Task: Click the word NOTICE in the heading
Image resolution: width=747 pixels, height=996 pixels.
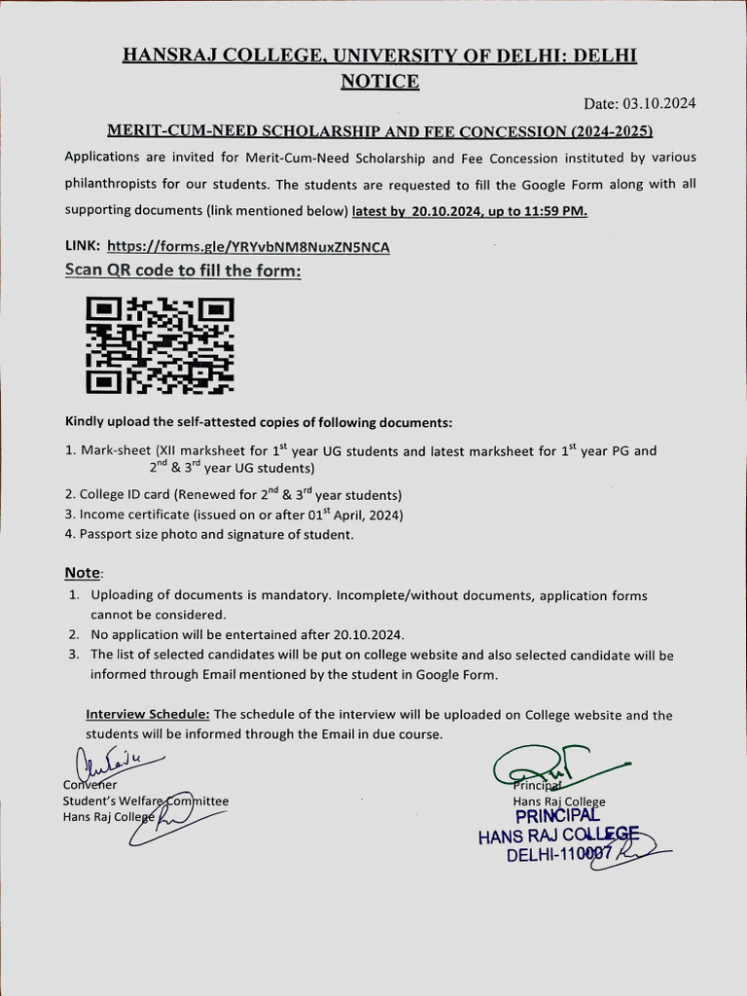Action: pos(379,82)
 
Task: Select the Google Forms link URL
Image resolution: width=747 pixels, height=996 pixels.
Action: pos(248,247)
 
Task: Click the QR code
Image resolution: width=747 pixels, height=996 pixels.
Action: pos(160,345)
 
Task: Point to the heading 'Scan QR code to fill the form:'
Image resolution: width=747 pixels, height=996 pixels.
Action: pos(183,270)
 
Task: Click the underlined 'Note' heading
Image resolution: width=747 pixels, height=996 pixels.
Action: pos(83,572)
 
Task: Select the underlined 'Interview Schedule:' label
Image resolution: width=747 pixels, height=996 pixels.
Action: pos(148,715)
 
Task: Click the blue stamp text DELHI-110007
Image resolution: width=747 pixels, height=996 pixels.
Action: pos(557,854)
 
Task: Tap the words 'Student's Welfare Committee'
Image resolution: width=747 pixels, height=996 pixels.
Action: pos(146,801)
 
